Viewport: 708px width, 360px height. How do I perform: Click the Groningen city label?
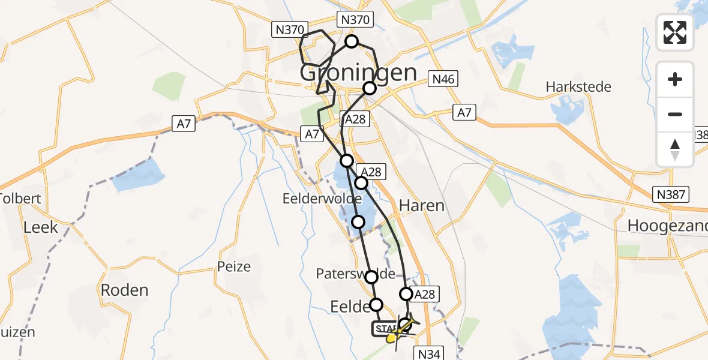358,73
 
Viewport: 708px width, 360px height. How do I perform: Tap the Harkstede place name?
578,87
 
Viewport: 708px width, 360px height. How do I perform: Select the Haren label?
422,206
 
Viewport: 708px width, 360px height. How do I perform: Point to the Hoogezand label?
666,226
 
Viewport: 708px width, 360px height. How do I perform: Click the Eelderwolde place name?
323,199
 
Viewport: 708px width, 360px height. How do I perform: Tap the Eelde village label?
350,307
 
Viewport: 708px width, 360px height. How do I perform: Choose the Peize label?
234,266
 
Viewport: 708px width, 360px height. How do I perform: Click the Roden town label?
124,290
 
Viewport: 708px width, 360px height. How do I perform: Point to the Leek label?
41,227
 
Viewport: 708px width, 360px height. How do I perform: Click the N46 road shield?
443,79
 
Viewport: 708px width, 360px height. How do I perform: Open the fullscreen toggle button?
675,32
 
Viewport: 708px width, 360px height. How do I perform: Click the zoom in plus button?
675,79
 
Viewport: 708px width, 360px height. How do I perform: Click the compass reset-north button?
675,149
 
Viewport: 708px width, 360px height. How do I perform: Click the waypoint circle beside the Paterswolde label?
371,277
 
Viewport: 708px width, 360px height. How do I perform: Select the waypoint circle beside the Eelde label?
376,304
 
